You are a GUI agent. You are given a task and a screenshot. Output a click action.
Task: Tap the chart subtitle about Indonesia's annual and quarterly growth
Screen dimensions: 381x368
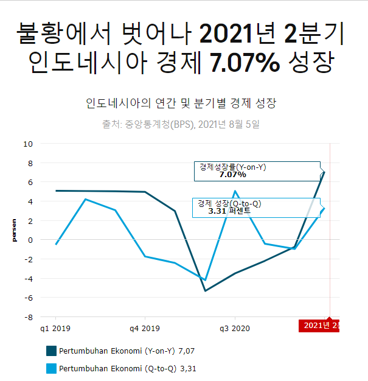coord(182,103)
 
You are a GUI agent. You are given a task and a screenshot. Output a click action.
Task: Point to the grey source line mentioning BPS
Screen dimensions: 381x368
coord(181,125)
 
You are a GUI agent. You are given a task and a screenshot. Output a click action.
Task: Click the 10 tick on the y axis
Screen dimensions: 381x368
coord(28,144)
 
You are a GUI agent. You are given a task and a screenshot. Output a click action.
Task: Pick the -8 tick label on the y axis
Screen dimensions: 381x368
coord(28,317)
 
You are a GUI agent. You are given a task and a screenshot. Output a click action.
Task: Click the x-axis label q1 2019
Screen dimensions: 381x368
coord(55,329)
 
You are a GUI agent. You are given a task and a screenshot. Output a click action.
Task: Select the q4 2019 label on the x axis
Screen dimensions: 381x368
coord(145,329)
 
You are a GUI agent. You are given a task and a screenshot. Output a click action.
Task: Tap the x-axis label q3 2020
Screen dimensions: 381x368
coord(235,329)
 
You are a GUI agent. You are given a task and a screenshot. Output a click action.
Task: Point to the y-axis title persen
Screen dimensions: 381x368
coord(14,231)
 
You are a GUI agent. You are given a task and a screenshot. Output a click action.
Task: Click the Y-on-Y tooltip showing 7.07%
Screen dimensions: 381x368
coord(257,171)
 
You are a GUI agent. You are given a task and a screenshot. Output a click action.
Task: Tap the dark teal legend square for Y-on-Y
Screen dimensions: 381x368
coord(51,351)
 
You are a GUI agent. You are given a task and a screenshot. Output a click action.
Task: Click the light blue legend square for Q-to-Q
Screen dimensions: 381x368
coord(51,368)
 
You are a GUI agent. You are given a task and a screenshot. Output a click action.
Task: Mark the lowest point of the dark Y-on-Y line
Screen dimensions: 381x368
coord(205,290)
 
